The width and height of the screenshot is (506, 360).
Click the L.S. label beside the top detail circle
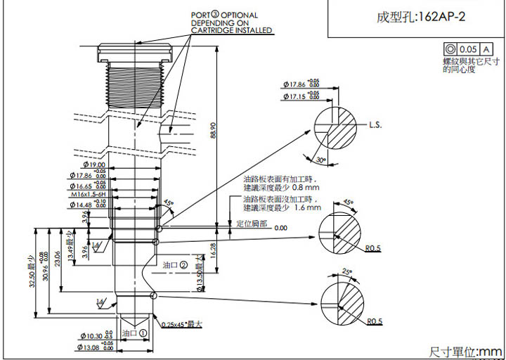[375, 125]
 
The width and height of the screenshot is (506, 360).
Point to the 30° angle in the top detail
[320, 161]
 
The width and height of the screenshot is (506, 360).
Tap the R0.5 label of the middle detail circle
[373, 248]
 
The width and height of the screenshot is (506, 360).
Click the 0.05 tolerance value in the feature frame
[467, 49]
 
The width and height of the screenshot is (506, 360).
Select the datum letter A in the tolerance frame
[485, 49]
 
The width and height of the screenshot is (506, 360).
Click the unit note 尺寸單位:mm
[465, 351]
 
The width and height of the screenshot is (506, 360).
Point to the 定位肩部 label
[251, 223]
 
